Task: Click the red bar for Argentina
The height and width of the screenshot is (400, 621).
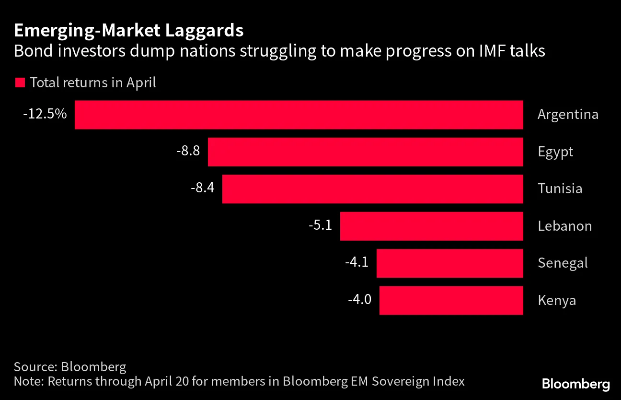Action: [x=299, y=115]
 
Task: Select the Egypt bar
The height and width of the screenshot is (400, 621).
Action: [x=365, y=152]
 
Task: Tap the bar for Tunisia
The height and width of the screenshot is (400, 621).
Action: [x=372, y=189]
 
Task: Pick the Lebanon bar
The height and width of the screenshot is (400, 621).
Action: [x=431, y=226]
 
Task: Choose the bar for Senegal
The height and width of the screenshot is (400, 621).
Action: [x=449, y=263]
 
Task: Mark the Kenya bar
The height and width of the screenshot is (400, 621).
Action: [x=451, y=300]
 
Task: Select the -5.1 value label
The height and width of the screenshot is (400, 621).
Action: [x=320, y=225]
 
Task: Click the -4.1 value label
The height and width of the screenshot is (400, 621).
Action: [x=356, y=262]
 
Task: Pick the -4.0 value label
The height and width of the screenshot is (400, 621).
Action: [x=359, y=299]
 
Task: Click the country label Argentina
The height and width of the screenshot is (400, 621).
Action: [x=568, y=115]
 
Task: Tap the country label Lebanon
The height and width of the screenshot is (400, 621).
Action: [x=564, y=226]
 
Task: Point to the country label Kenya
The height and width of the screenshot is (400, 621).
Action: [x=556, y=301]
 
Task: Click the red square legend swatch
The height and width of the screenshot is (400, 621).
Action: [x=20, y=82]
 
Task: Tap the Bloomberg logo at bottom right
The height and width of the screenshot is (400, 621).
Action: [x=575, y=384]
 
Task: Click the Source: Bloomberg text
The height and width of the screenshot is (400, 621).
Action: [x=70, y=367]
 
